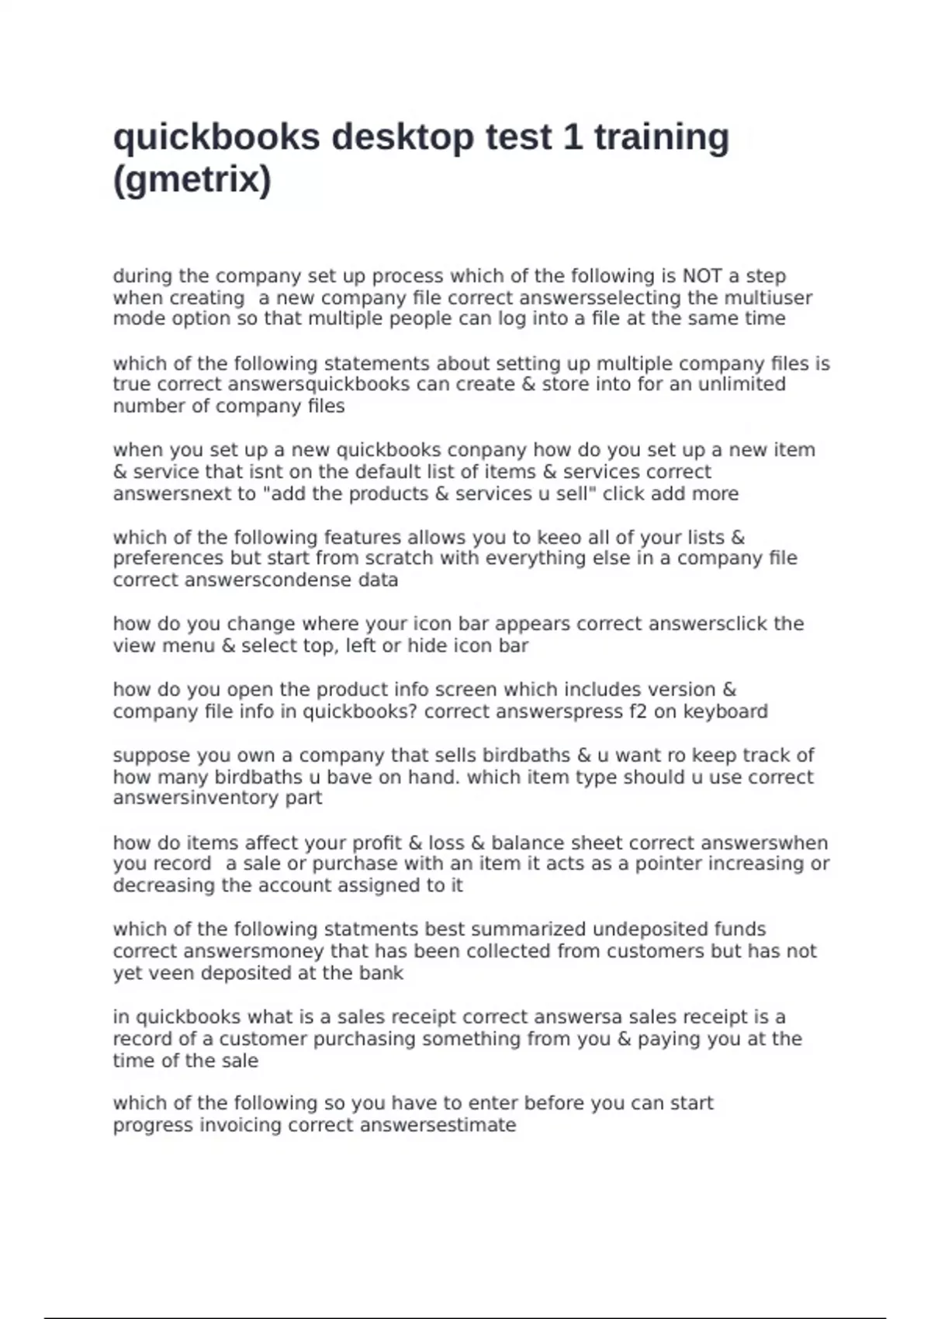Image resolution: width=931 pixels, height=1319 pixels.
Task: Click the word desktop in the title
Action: [403, 137]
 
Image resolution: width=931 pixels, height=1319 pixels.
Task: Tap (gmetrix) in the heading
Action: [192, 180]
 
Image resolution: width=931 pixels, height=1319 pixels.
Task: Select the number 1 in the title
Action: [573, 137]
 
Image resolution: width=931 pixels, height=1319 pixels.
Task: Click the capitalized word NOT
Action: [701, 276]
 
